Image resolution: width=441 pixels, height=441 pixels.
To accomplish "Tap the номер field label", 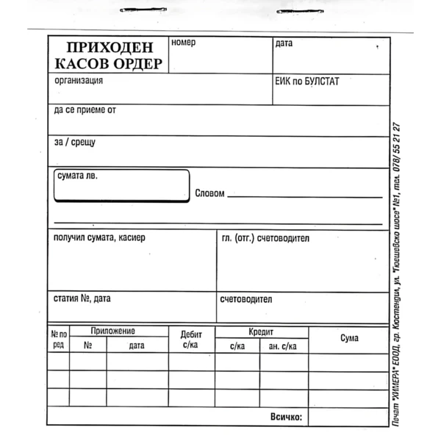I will [x=184, y=43].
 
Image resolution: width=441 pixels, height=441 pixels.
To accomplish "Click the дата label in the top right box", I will [x=284, y=43].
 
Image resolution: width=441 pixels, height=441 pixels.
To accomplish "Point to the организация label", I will [x=79, y=80].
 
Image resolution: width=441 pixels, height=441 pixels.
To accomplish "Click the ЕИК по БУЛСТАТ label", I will [x=306, y=81].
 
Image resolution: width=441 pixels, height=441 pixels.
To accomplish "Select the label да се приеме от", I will [x=85, y=110].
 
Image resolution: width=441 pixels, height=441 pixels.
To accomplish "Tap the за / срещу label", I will [x=74, y=142].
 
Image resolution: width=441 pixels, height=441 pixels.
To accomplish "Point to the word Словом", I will [x=209, y=194].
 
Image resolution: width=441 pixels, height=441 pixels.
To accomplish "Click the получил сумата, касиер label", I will [x=99, y=237].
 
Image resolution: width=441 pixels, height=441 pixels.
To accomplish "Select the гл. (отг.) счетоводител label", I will [x=265, y=238].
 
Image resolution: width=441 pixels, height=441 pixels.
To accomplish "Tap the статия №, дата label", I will [x=82, y=298].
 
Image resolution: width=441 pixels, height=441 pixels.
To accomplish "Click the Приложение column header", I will [x=112, y=331].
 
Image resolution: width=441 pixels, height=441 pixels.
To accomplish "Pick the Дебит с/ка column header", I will [x=191, y=339].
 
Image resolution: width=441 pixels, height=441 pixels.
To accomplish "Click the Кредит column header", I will [x=261, y=331].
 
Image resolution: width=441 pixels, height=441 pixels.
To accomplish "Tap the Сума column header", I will [x=349, y=338].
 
